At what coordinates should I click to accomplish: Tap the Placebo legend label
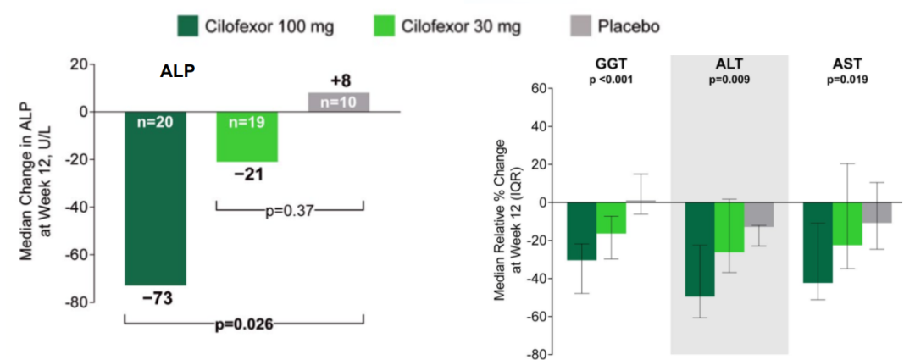pyautogui.click(x=629, y=26)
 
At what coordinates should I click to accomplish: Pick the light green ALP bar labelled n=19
pyautogui.click(x=247, y=140)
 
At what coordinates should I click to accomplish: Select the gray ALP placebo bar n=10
pyautogui.click(x=339, y=102)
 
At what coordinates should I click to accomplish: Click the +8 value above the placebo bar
pyautogui.click(x=339, y=82)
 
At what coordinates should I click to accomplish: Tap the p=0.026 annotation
pyautogui.click(x=243, y=322)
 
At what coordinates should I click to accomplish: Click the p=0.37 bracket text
pyautogui.click(x=288, y=209)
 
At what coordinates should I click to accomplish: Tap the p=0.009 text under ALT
pyautogui.click(x=730, y=80)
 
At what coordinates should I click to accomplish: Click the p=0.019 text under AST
pyautogui.click(x=848, y=80)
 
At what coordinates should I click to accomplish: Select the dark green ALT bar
pyautogui.click(x=700, y=249)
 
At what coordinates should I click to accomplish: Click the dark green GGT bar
pyautogui.click(x=582, y=230)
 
